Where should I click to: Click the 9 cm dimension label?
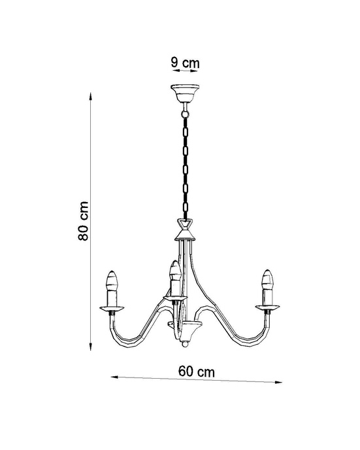[x=185, y=63]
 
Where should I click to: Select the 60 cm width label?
[x=196, y=371]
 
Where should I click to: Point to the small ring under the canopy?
[x=185, y=105]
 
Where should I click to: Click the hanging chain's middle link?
[x=185, y=164]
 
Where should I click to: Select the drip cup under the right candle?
[x=266, y=305]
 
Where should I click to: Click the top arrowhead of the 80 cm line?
[x=90, y=94]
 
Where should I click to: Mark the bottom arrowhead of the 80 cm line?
[x=90, y=347]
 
